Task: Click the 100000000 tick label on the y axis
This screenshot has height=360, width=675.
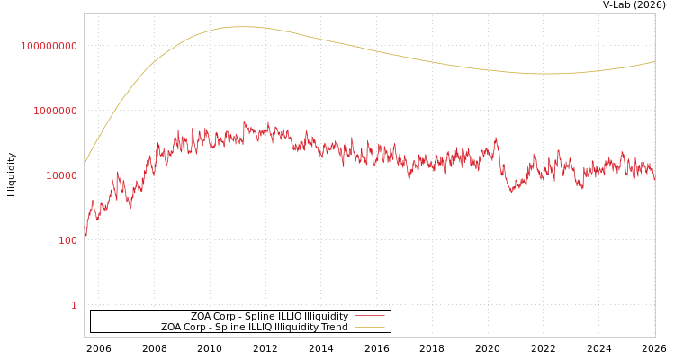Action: [49, 46]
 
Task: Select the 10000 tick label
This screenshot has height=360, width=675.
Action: [61, 175]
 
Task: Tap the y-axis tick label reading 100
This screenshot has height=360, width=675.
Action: [67, 240]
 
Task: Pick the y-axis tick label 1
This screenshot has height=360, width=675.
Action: [74, 305]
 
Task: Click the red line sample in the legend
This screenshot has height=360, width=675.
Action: [369, 317]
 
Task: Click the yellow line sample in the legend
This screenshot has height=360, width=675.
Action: [369, 328]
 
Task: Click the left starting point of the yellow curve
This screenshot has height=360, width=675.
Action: [85, 164]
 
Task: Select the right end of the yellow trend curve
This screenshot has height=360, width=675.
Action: [654, 62]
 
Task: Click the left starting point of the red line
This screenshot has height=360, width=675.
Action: [85, 236]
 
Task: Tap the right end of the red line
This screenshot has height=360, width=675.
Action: [654, 179]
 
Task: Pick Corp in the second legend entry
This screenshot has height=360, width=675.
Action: [198, 328]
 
